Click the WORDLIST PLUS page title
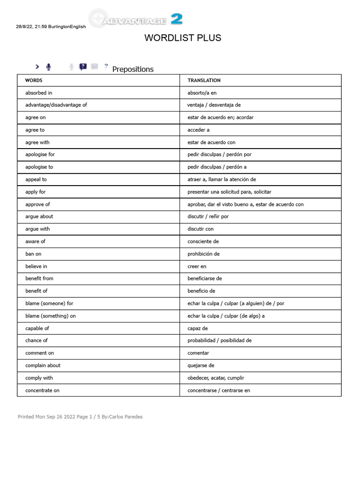coord(183,38)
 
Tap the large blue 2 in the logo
coord(177,19)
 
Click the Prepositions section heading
coord(133,69)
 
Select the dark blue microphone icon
coord(49,67)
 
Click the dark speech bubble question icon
coord(83,67)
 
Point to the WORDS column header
coord(34,81)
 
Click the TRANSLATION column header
coord(204,81)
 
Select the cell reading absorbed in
coord(38,93)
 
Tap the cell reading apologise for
coord(40,154)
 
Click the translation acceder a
coord(198,130)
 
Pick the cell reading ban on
coord(33,254)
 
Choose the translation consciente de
coord(203,241)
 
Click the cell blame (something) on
coord(50,316)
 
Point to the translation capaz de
coord(197,329)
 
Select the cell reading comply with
coord(39,378)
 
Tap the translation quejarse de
coord(201,366)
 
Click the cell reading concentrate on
coord(42,390)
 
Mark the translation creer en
coord(197,266)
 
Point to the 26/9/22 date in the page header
coord(22,27)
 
